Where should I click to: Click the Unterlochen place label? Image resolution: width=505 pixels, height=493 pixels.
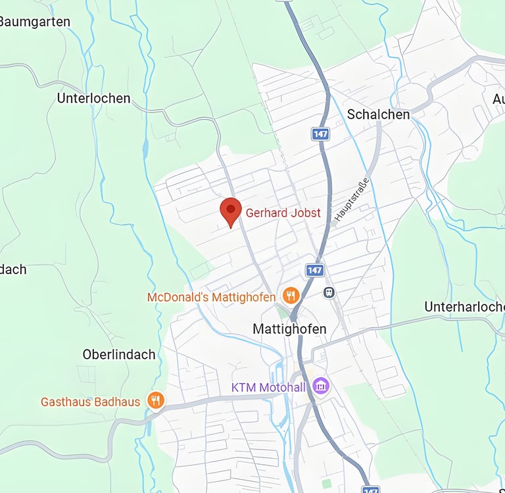pyautogui.click(x=93, y=99)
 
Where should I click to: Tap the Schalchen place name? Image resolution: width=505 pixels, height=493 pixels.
pyautogui.click(x=378, y=114)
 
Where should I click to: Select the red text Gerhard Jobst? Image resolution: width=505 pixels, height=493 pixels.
pyautogui.click(x=283, y=213)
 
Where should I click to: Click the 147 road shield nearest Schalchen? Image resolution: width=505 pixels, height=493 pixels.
pyautogui.click(x=320, y=134)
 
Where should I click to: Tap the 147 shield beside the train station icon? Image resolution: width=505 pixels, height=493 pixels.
pyautogui.click(x=314, y=270)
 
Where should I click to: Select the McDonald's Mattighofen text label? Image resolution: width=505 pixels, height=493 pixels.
pyautogui.click(x=211, y=297)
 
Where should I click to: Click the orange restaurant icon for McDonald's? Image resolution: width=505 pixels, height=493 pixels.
pyautogui.click(x=291, y=296)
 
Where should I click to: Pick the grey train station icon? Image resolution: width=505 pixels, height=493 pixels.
pyautogui.click(x=329, y=292)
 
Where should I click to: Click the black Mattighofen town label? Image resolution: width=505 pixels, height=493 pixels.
pyautogui.click(x=289, y=328)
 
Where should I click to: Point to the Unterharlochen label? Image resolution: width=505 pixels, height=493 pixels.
pyautogui.click(x=464, y=307)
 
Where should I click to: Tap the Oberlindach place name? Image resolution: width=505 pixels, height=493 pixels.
pyautogui.click(x=119, y=354)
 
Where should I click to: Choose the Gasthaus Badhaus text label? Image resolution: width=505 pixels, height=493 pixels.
pyautogui.click(x=91, y=401)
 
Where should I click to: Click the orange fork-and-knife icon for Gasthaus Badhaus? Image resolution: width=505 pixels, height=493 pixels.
pyautogui.click(x=155, y=400)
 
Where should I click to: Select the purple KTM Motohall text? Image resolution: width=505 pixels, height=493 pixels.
pyautogui.click(x=268, y=387)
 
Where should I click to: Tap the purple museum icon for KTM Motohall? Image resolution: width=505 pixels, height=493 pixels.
pyautogui.click(x=321, y=386)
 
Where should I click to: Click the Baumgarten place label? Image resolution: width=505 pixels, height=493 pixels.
pyautogui.click(x=34, y=22)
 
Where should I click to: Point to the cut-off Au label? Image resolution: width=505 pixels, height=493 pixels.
pyautogui.click(x=498, y=99)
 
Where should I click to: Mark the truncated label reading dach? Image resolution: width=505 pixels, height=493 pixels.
pyautogui.click(x=13, y=270)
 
